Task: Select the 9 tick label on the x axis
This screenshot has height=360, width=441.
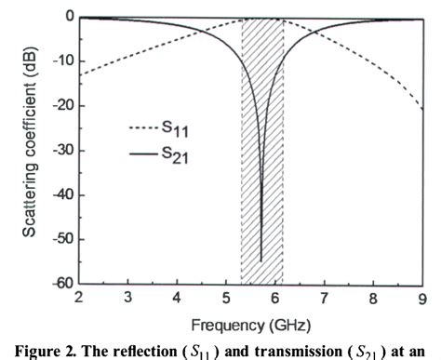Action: point(423,298)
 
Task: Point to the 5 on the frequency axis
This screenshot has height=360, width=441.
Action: point(226,298)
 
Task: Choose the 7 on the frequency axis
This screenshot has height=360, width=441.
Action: point(325,298)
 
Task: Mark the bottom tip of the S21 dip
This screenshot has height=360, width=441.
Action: point(261,261)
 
